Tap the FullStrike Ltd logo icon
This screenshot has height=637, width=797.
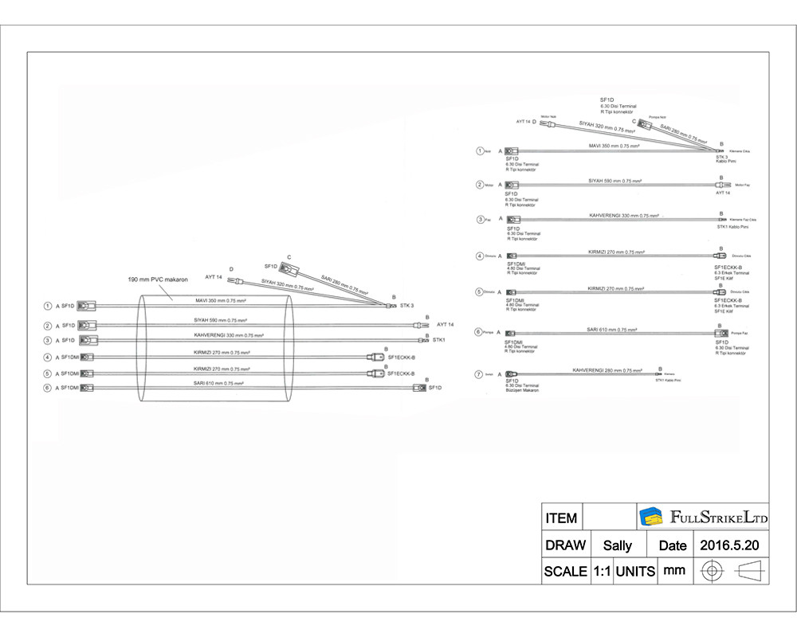coord(652,517)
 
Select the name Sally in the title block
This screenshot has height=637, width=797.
coord(618,545)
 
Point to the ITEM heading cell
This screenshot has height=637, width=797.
coord(561,518)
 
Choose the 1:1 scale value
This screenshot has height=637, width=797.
coord(601,571)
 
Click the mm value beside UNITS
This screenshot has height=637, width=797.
coord(674,570)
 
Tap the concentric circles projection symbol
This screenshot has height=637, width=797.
coord(712,571)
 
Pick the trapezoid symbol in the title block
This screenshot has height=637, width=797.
coord(750,571)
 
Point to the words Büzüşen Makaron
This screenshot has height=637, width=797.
coord(523,390)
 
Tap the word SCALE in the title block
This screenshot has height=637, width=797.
coord(565,571)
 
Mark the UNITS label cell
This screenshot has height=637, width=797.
coord(635,571)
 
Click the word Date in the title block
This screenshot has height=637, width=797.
coord(672,545)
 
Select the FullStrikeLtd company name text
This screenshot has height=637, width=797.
coord(719,518)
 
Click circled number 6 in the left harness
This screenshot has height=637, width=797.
coord(48,388)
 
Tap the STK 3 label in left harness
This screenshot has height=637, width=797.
coord(407,306)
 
